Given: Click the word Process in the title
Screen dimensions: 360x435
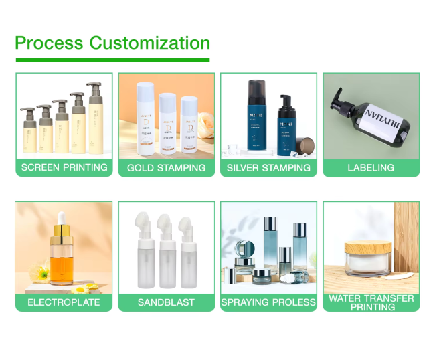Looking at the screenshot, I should (50, 43).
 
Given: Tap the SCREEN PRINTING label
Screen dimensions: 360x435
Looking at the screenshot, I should (64, 167).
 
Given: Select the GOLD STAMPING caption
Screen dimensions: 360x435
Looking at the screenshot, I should (167, 167).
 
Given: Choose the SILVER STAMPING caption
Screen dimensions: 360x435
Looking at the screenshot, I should (268, 167).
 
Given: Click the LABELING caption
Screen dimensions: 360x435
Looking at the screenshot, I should (371, 167).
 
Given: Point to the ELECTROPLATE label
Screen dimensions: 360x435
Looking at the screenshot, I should (64, 302).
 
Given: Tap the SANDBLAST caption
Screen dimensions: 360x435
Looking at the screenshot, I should (167, 302).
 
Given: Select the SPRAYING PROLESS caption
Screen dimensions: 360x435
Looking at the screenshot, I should (268, 302).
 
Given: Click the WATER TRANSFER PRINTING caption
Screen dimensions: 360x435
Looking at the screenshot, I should (371, 302).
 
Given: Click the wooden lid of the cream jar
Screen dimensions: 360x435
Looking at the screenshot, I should (368, 240).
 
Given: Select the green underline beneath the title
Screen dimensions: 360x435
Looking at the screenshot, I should (112, 60).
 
